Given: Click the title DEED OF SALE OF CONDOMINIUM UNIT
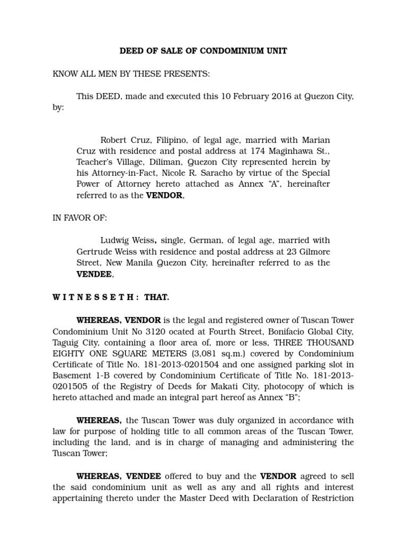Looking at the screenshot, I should click(203, 51).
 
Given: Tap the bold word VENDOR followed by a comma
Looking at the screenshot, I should click(165, 195).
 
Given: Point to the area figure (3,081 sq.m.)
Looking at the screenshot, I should click(206, 354).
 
